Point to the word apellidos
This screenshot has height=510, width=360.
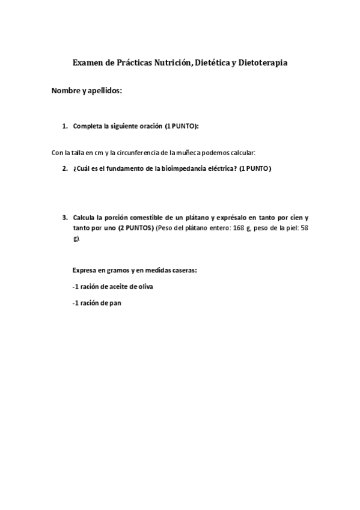pyautogui.click(x=105, y=91)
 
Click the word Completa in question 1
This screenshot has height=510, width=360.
pyautogui.click(x=87, y=127)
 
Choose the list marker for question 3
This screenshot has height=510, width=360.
pyautogui.click(x=65, y=217)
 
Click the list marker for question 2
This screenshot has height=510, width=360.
pyautogui.click(x=65, y=169)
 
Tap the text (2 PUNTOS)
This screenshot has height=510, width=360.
pyautogui.click(x=136, y=229)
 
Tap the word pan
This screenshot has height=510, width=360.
pyautogui.click(x=116, y=304)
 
